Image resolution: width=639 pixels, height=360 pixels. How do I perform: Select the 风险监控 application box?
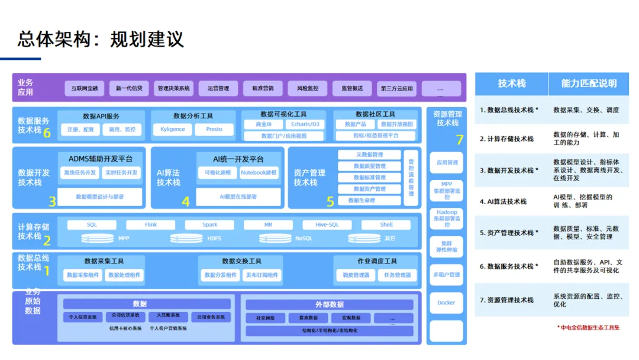coord(308,88)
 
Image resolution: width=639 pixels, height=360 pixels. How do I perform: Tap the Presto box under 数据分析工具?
coord(214,129)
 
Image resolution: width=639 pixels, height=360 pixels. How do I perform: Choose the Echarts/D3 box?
coord(305,124)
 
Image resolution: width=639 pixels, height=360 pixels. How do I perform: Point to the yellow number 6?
coord(47,133)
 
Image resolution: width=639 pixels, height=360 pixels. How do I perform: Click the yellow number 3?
coord(52,201)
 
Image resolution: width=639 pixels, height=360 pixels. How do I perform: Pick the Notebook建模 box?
coord(259,173)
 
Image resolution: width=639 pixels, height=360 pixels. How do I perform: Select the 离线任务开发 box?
coord(80,173)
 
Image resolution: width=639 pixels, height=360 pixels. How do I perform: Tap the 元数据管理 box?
coord(369,155)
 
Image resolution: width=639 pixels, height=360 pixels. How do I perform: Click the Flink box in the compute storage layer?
coord(151,225)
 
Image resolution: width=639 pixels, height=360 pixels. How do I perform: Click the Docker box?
coord(446,303)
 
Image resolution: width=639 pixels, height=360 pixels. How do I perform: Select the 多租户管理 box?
coord(446,275)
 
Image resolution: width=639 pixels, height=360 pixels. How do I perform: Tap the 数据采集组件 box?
coord(83,275)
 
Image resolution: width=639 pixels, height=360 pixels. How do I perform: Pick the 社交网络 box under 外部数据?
coord(265,318)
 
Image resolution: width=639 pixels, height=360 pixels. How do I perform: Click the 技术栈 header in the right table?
coord(511,84)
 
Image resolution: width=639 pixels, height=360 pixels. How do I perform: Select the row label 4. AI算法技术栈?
coord(503,201)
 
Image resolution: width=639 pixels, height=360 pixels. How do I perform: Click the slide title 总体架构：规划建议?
coord(101,39)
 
